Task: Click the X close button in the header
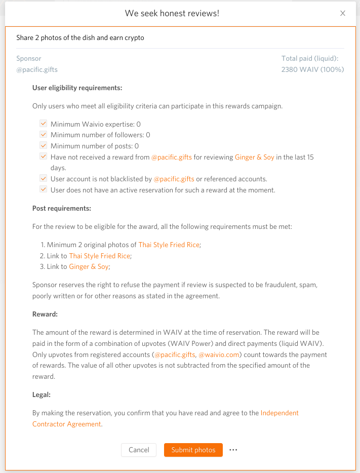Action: (x=343, y=13)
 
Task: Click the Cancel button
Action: (x=139, y=450)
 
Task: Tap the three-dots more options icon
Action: (x=233, y=450)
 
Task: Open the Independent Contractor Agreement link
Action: (x=279, y=413)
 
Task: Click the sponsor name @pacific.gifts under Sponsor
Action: (x=33, y=69)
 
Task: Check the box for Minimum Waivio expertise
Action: (x=43, y=124)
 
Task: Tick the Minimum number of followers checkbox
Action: (x=43, y=135)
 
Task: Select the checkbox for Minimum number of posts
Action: (x=43, y=146)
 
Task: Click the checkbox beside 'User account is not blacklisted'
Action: (x=43, y=179)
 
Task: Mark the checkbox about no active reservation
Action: (x=43, y=190)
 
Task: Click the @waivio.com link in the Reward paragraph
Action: (x=219, y=354)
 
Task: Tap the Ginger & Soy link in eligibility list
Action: (x=255, y=157)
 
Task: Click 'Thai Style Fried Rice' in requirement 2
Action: (x=99, y=256)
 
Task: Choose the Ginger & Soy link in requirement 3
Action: (x=89, y=266)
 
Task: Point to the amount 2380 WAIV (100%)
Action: (x=312, y=69)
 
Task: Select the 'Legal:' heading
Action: (x=42, y=395)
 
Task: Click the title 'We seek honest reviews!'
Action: (x=172, y=13)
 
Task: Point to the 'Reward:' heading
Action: (x=45, y=314)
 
